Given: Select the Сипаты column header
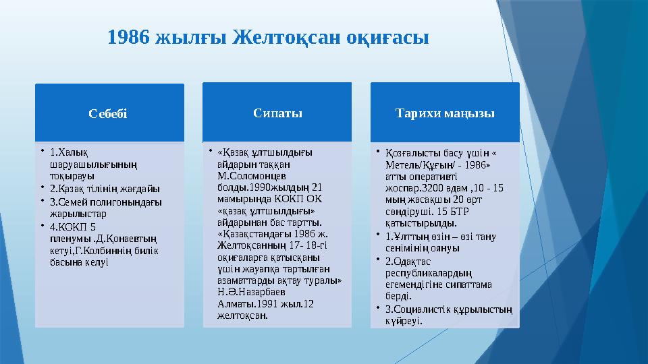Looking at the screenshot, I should click(x=277, y=113).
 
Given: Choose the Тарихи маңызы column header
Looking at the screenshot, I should click(x=445, y=113).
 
